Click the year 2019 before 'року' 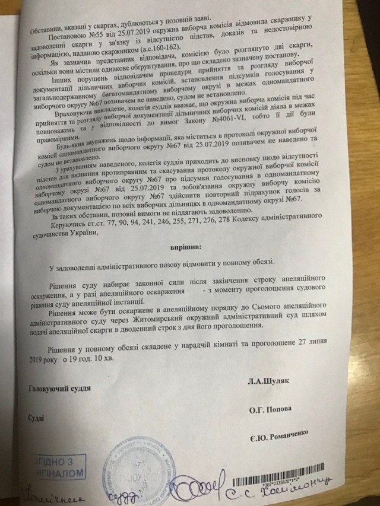point(37,359)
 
